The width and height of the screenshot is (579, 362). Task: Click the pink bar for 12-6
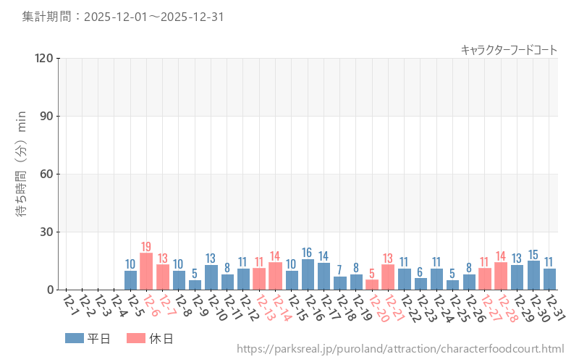pyautogui.click(x=146, y=271)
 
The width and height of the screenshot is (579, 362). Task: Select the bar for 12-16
pyautogui.click(x=308, y=274)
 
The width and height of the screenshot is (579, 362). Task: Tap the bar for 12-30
pyautogui.click(x=533, y=275)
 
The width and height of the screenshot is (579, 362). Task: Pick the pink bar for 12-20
pyautogui.click(x=372, y=285)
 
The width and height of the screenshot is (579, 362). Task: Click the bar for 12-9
pyautogui.click(x=195, y=285)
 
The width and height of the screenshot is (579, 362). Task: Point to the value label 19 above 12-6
pyautogui.click(x=146, y=246)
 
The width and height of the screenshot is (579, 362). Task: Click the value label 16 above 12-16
pyautogui.click(x=308, y=252)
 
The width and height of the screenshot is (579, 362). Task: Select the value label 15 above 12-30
pyautogui.click(x=533, y=254)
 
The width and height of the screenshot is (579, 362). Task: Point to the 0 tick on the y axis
pyautogui.click(x=50, y=290)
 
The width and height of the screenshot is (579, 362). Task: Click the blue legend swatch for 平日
pyautogui.click(x=74, y=338)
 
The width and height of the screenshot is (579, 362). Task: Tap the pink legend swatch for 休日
pyautogui.click(x=135, y=338)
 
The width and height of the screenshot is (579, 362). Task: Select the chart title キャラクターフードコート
pyautogui.click(x=509, y=49)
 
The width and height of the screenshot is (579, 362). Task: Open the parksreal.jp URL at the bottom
pyautogui.click(x=400, y=350)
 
